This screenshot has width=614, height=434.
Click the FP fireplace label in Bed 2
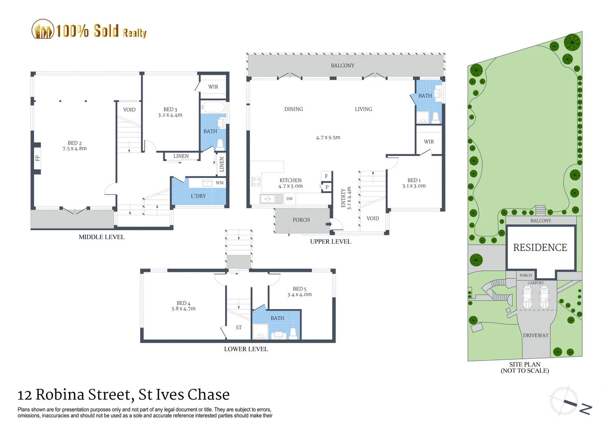pos(37,158)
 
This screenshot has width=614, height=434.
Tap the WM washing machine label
pos(219,183)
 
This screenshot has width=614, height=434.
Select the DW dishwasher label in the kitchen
pos(289,199)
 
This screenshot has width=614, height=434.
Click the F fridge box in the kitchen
pos(326,176)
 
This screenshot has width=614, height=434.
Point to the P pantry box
pos(327,187)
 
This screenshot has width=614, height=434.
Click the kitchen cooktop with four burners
pos(256,182)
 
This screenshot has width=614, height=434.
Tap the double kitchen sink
pos(271,199)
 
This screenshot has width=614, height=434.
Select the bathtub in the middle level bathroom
pos(213,107)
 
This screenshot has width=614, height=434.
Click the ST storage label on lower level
pos(239,328)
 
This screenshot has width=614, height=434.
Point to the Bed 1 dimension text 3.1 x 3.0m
pos(414,186)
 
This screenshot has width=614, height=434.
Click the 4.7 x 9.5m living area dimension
pos(328,137)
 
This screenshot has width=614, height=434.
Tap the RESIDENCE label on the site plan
pos(540,248)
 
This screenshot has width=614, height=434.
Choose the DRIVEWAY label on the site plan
pos(536,335)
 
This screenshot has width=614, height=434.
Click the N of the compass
pos(586,409)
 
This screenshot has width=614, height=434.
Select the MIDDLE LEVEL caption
pos(102,237)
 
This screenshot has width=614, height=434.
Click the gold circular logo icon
pos(43,29)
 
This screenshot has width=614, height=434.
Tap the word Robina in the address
pos(60,395)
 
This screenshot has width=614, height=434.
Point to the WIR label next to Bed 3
pos(213,87)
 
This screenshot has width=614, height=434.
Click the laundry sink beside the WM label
pos(207,183)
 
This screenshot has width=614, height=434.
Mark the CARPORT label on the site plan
pos(536,283)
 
